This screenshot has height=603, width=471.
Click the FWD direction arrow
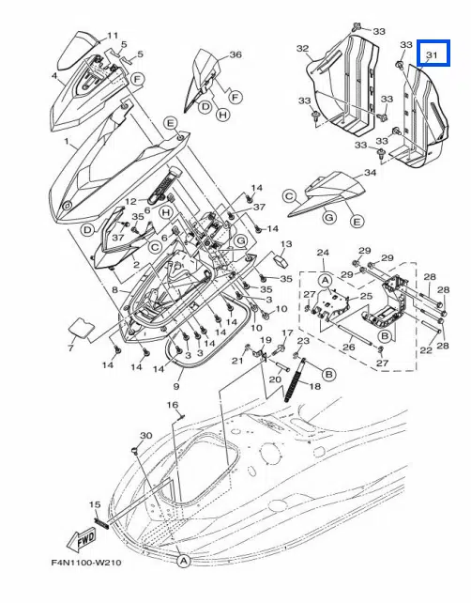(81, 541)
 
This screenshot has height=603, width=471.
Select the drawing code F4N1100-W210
(86, 563)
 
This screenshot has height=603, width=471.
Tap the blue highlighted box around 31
(433, 54)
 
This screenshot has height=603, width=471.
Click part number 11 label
(113, 36)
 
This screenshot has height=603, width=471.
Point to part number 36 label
(235, 54)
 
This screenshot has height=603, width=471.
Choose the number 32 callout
(303, 49)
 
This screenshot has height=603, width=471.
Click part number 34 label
(370, 173)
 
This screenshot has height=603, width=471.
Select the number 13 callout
(286, 244)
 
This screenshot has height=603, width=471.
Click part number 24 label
(323, 253)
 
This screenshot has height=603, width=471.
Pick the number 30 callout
(145, 435)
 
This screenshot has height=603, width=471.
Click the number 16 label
(173, 405)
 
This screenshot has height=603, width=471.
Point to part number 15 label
(95, 504)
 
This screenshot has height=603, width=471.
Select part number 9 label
(176, 386)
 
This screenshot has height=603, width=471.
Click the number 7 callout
(70, 348)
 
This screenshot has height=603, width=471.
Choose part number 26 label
(349, 347)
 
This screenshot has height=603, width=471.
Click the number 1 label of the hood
(67, 142)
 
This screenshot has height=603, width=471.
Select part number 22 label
(426, 350)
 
